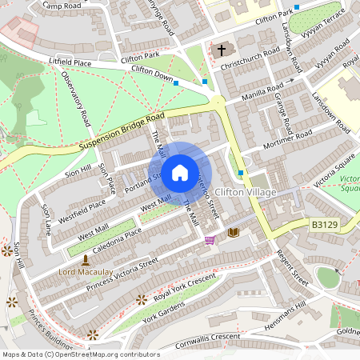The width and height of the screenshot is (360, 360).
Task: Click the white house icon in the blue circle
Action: tap(180, 172)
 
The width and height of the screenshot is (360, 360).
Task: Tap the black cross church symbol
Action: tap(222, 50)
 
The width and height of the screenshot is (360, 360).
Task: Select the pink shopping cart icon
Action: tap(210, 239)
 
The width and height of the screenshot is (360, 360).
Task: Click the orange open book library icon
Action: tap(234, 232)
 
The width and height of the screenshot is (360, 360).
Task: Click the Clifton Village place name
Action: tap(246, 193)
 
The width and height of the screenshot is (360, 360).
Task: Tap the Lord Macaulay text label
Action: tap(86, 272)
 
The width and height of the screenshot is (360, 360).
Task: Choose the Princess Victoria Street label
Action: tap(123, 274)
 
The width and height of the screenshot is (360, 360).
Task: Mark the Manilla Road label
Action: tap(265, 93)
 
